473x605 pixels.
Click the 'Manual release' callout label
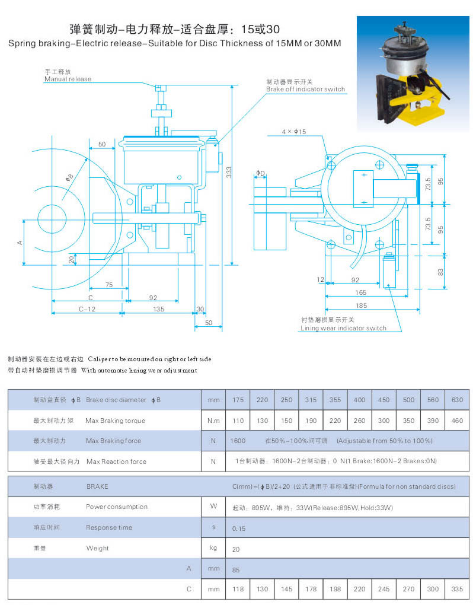68,79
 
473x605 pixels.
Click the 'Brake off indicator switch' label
305,90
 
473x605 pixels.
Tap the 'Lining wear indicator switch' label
343,328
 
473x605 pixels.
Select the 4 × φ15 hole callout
294,131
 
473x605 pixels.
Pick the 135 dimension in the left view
158,309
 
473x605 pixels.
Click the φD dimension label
260,173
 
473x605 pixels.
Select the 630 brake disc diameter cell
456,400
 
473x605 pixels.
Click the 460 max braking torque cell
456,421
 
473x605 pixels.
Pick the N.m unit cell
213,421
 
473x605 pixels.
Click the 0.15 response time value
239,528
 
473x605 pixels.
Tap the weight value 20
236,549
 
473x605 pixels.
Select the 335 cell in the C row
456,590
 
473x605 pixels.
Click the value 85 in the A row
236,569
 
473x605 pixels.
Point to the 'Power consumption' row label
116,507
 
